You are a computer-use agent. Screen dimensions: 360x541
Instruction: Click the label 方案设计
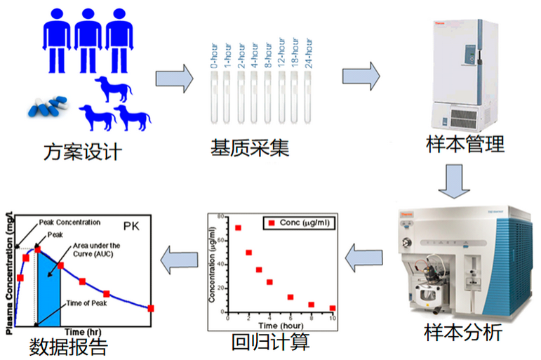click(x=83, y=150)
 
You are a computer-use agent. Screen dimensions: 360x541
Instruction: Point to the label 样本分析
click(x=463, y=333)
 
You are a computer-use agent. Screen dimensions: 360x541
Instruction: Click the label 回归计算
click(x=270, y=342)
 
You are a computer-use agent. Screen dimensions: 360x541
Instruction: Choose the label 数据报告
click(x=69, y=347)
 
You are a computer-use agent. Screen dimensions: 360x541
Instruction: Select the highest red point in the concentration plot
click(x=239, y=228)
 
